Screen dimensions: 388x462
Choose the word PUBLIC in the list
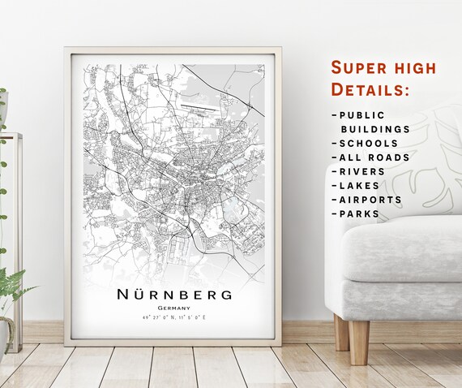click(362, 115)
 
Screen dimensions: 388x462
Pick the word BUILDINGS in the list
click(374, 129)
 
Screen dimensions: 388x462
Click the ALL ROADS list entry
click(374, 157)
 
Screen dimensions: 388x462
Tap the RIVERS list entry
click(364, 171)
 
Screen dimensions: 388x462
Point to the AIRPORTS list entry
click(372, 200)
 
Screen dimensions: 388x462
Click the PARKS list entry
click(359, 214)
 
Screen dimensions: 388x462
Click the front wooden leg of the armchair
click(359, 342)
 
